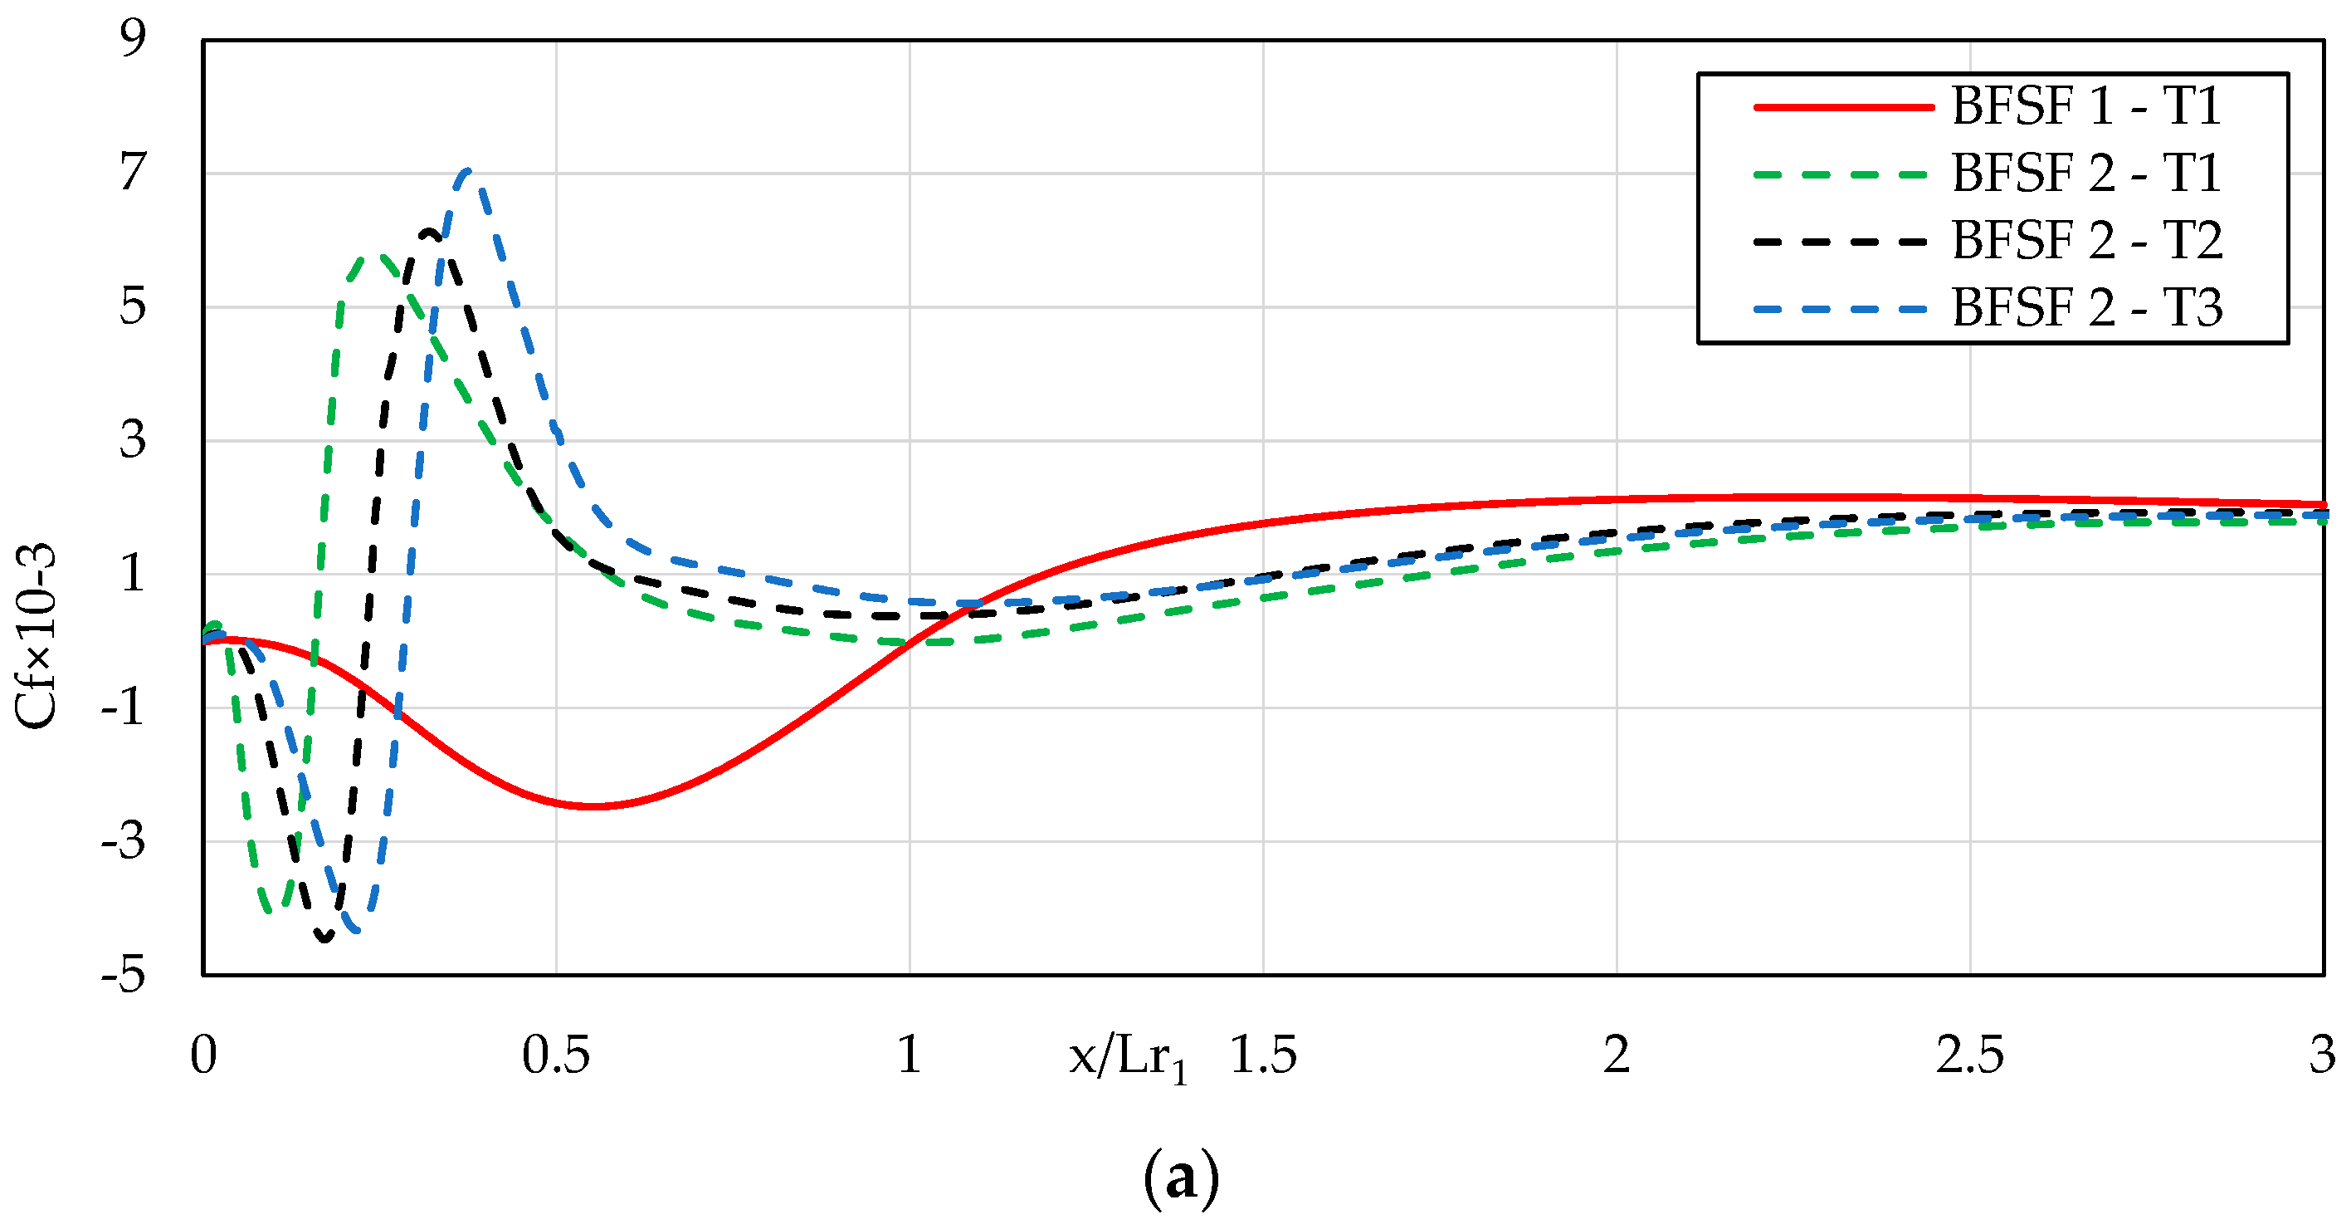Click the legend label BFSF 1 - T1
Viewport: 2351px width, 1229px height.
tap(2085, 107)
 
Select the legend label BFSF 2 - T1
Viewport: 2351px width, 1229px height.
tap(2085, 174)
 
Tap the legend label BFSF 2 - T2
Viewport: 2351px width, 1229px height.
tap(2085, 241)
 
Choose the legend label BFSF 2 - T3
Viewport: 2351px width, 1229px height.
tap(2085, 308)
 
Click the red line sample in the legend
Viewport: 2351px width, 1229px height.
tap(1844, 107)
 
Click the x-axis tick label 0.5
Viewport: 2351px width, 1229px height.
tap(556, 1055)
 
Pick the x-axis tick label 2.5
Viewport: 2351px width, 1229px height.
tap(1969, 1055)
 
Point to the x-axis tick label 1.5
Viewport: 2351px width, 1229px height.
tap(1263, 1055)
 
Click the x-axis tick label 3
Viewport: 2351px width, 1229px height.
tap(2322, 1055)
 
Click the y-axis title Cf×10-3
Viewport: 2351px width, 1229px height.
tap(37, 635)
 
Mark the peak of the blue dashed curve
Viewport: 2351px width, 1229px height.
tap(467, 171)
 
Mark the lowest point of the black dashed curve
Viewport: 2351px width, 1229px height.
tap(325, 938)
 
